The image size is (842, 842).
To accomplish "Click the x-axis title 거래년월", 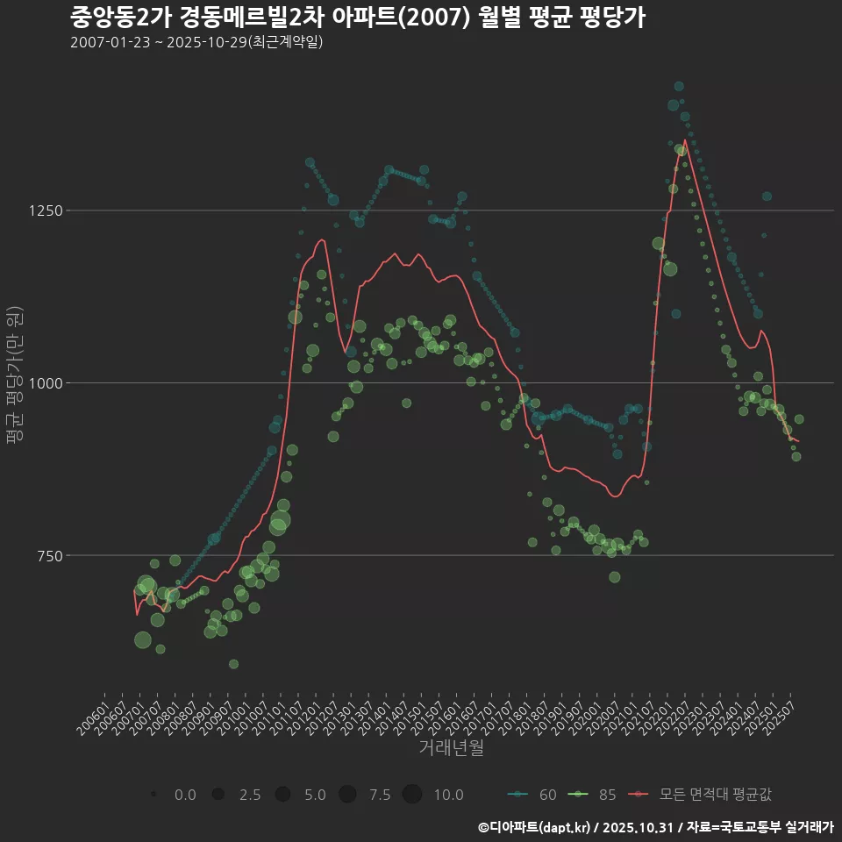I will coord(452,748).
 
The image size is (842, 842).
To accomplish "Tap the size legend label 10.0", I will coord(448,795).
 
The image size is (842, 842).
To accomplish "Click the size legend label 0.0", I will coord(185,795).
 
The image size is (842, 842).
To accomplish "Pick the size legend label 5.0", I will coord(315,795).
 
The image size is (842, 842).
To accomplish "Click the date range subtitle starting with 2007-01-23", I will coord(196,42).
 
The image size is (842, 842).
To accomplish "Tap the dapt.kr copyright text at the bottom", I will coord(655,827).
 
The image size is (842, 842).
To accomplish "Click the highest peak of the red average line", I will coord(685,139).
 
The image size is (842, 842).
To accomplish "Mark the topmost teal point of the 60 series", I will coord(679,86).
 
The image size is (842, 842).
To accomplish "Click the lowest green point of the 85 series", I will coord(233,664).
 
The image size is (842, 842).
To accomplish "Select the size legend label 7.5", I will coord(380,795).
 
